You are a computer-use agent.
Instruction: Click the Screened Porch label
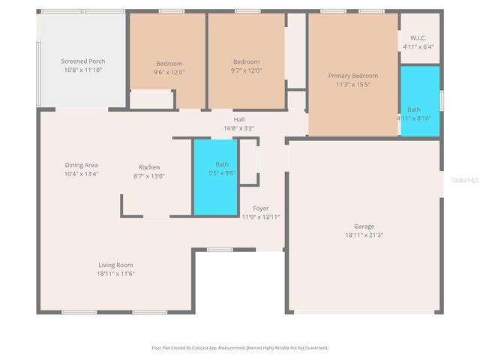click(82, 61)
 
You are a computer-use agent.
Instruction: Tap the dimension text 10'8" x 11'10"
click(82, 70)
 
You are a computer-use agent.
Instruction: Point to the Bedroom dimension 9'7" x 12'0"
click(246, 70)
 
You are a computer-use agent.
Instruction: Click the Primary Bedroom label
click(353, 76)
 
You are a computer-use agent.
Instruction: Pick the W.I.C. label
click(418, 38)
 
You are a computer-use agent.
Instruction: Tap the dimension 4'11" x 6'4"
click(418, 46)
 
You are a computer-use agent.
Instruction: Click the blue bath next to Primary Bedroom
click(419, 101)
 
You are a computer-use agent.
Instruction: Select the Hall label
click(239, 119)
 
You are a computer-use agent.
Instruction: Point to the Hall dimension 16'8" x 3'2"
click(239, 127)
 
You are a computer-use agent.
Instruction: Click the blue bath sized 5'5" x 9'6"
click(215, 178)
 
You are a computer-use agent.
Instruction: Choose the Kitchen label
click(149, 167)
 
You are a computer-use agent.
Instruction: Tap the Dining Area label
click(81, 165)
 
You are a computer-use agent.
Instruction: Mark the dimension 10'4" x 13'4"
click(81, 174)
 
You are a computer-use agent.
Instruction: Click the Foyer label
click(260, 208)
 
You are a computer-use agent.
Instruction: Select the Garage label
click(364, 226)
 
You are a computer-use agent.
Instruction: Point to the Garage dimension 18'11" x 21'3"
click(364, 235)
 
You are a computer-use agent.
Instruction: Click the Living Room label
click(115, 265)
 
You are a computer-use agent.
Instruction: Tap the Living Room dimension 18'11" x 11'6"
click(115, 274)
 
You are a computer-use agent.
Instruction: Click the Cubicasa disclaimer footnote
click(240, 348)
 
